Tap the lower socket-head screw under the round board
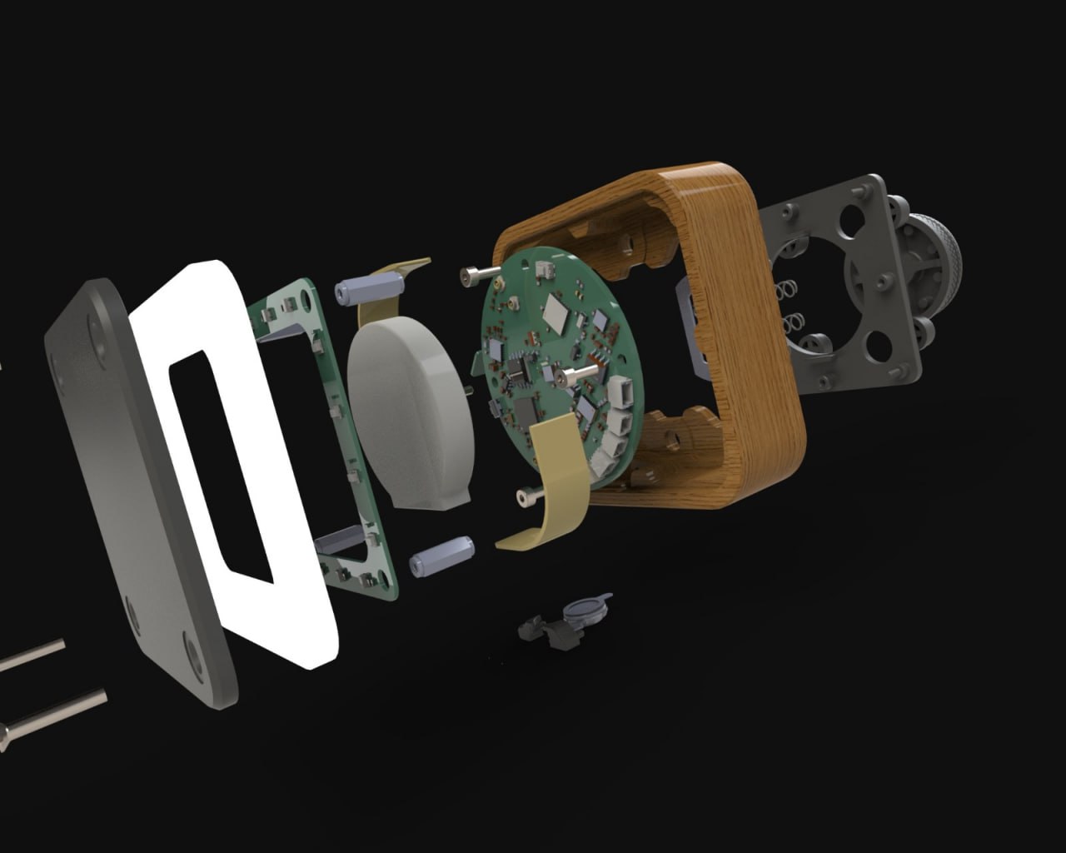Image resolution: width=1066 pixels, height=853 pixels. [x=531, y=496]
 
